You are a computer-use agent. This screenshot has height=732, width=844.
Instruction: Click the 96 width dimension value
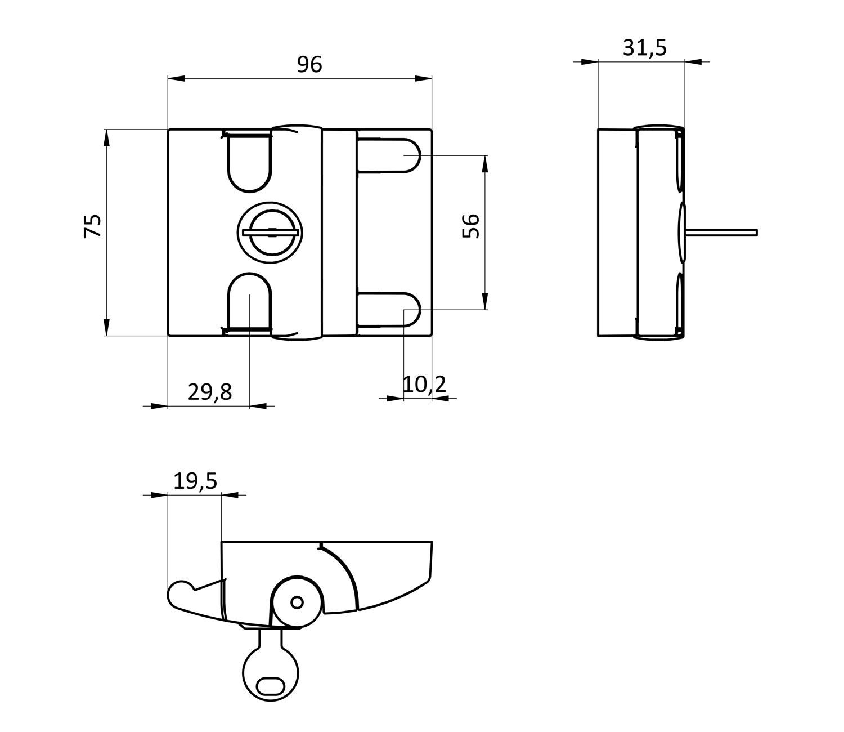pyautogui.click(x=309, y=65)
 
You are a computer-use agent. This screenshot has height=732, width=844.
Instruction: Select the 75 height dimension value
pyautogui.click(x=93, y=225)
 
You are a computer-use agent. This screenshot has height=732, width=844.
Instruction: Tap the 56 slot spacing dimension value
pyautogui.click(x=471, y=226)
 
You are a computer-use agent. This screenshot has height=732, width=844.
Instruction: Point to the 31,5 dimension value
pyautogui.click(x=645, y=48)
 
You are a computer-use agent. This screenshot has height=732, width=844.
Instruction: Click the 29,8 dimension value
pyautogui.click(x=210, y=392)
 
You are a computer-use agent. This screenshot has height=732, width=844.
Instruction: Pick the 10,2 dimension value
pyautogui.click(x=425, y=384)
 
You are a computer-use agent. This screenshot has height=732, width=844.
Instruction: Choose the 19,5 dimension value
pyautogui.click(x=195, y=481)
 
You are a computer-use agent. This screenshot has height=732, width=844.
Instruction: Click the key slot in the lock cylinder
pyautogui.click(x=271, y=233)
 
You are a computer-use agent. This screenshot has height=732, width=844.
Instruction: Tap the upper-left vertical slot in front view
pyautogui.click(x=249, y=163)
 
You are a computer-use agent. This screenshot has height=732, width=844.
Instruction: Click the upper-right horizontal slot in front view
pyautogui.click(x=389, y=155)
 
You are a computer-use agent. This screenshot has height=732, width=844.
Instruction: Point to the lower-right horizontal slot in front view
pyautogui.click(x=389, y=310)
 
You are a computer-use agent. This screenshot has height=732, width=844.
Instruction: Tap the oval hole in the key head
pyautogui.click(x=271, y=686)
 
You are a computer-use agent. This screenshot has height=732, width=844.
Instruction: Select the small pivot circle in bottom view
pyautogui.click(x=297, y=602)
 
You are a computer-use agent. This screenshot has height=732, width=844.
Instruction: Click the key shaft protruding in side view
pyautogui.click(x=721, y=233)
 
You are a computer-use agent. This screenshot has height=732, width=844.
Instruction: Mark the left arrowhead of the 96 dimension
pyautogui.click(x=176, y=78)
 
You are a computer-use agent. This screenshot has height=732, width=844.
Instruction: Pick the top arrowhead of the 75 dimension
pyautogui.click(x=106, y=138)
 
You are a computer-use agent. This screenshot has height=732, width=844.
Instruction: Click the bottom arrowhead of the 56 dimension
pyautogui.click(x=485, y=301)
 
